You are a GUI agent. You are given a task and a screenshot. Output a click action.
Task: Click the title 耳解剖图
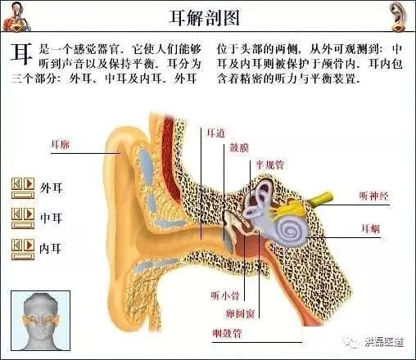205,18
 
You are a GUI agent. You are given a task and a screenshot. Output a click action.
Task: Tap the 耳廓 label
61,144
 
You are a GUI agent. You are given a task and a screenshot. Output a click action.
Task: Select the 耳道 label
215,133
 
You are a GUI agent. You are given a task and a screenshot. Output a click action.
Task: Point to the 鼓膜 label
239,148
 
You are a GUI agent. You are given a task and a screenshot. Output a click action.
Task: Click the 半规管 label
269,165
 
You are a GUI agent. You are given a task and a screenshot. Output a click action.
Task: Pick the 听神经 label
373,196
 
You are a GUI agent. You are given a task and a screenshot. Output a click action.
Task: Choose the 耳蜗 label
371,228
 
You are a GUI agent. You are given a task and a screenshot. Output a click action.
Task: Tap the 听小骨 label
225,295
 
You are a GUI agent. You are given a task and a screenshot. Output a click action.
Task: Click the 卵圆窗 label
240,313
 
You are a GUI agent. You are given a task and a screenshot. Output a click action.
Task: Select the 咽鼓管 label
228,333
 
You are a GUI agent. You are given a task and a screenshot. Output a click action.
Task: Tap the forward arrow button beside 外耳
29,184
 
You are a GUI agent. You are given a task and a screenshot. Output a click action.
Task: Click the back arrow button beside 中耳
16,214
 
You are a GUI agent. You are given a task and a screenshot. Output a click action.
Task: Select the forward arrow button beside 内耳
29,245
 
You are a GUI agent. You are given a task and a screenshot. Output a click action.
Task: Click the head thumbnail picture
41,321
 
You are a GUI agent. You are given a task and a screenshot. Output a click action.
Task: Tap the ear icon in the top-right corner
398,16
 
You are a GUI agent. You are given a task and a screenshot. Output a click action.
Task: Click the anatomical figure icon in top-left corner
16,16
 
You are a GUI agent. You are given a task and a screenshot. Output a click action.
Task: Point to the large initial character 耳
21,53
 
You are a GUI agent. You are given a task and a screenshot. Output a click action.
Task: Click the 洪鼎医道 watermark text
384,342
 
